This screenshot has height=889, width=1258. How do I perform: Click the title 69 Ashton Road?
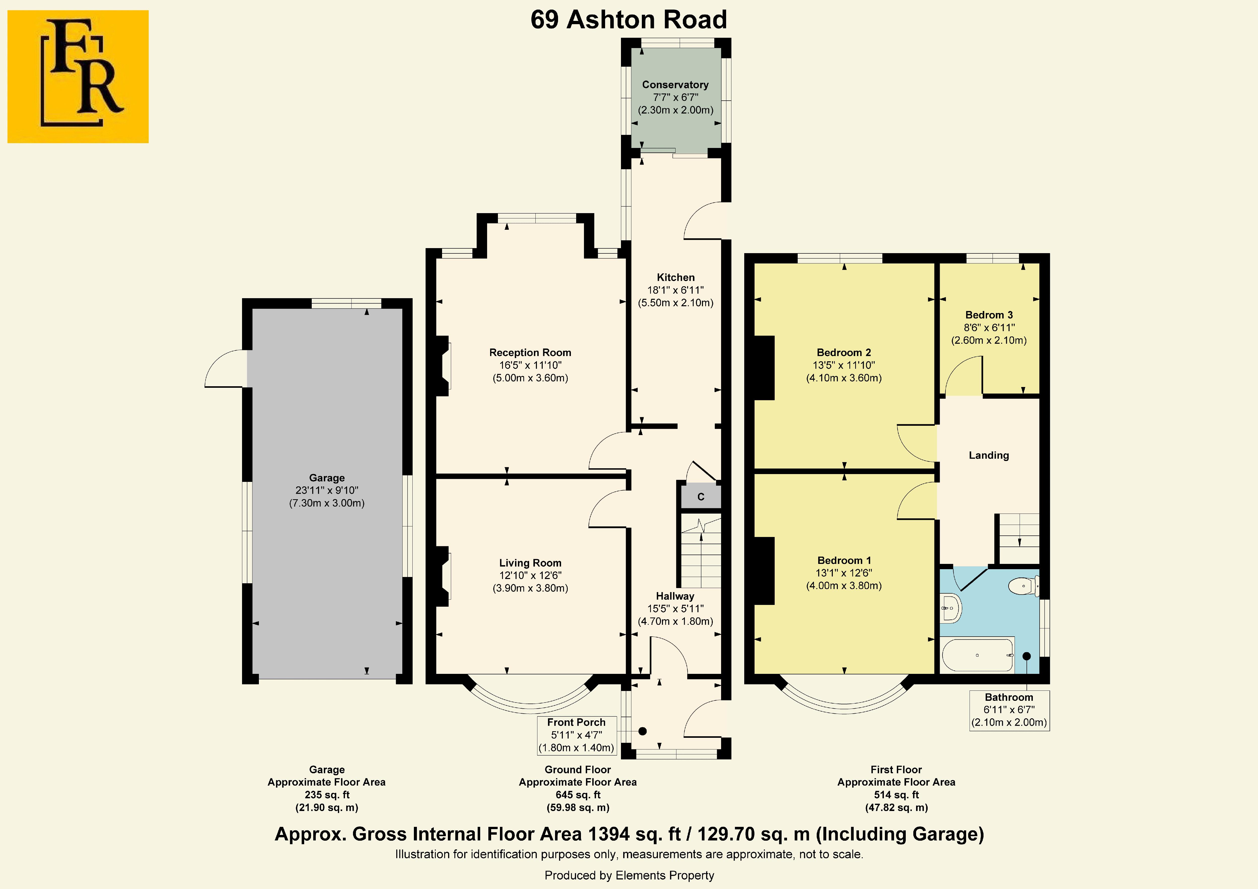coord(628,20)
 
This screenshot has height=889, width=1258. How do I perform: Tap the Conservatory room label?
coord(675,84)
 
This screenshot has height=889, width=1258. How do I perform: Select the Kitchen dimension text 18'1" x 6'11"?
coord(676,290)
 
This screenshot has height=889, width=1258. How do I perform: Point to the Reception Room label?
coord(530,353)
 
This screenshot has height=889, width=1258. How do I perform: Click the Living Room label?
coord(530,563)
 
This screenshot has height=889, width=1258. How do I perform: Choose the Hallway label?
coord(675,596)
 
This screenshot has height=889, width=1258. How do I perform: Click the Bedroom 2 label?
coord(844,353)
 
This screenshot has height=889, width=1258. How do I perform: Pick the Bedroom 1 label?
coord(844,560)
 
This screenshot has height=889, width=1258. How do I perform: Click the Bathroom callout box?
coord(1009,710)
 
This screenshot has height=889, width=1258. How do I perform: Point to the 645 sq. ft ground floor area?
coord(578,795)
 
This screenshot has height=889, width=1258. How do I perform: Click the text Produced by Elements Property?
coord(629,875)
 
